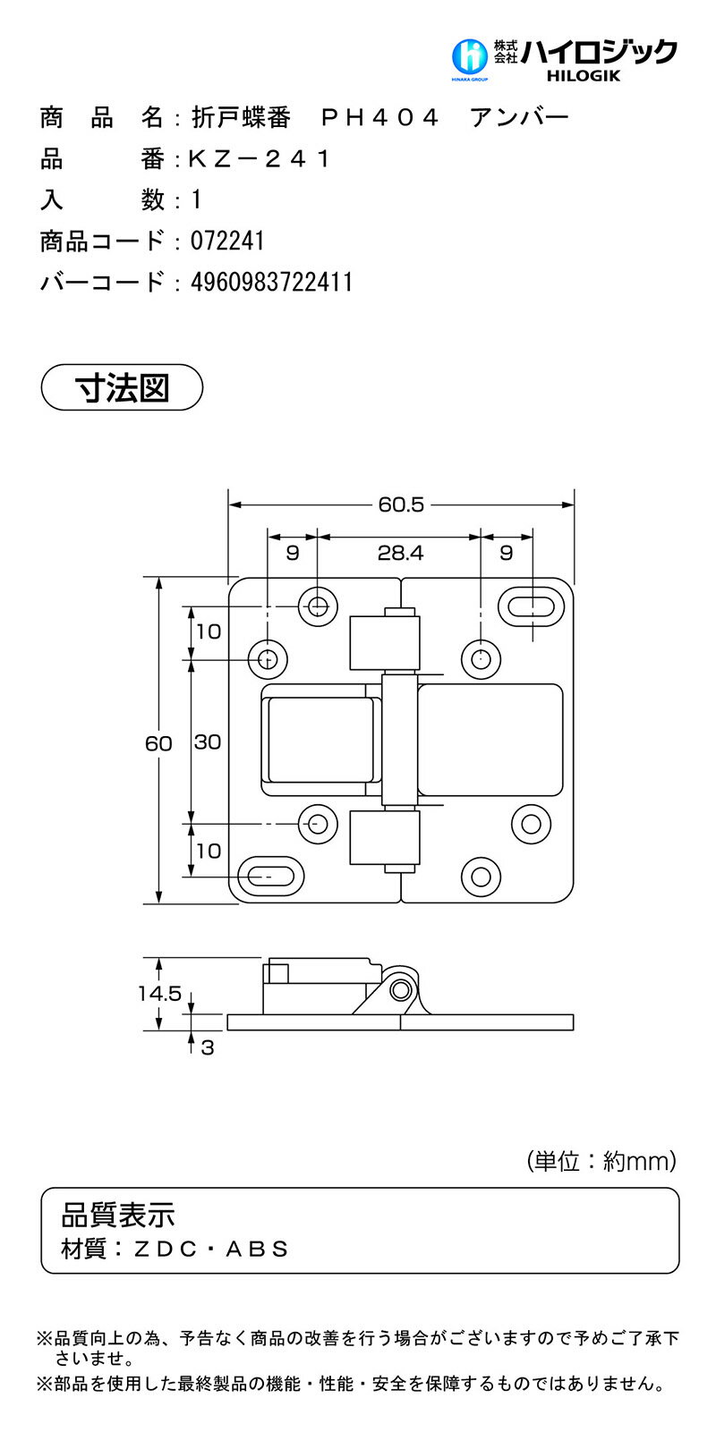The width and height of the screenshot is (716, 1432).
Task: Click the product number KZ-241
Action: tap(260, 159)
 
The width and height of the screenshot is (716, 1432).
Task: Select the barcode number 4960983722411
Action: tap(271, 283)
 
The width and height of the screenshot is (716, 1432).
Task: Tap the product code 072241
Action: tap(227, 241)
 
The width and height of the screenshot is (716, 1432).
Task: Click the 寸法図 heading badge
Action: tap(123, 387)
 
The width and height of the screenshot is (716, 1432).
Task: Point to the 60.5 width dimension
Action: tap(400, 504)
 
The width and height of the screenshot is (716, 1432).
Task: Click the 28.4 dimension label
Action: tap(399, 553)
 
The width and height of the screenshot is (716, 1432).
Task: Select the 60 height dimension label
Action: tap(158, 742)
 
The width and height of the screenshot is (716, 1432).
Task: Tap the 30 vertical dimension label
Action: tap(207, 741)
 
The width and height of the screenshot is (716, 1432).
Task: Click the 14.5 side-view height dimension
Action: tap(159, 993)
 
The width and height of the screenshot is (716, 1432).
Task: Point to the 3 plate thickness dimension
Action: tap(208, 1046)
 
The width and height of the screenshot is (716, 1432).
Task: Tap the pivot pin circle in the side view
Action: tap(402, 989)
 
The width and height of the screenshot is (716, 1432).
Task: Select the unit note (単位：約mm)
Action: tap(601, 1161)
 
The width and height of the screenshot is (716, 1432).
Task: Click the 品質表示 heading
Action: tap(117, 1214)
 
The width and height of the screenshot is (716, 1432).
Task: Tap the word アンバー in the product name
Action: tap(519, 118)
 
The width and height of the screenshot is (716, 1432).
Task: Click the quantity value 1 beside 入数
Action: tap(197, 200)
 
